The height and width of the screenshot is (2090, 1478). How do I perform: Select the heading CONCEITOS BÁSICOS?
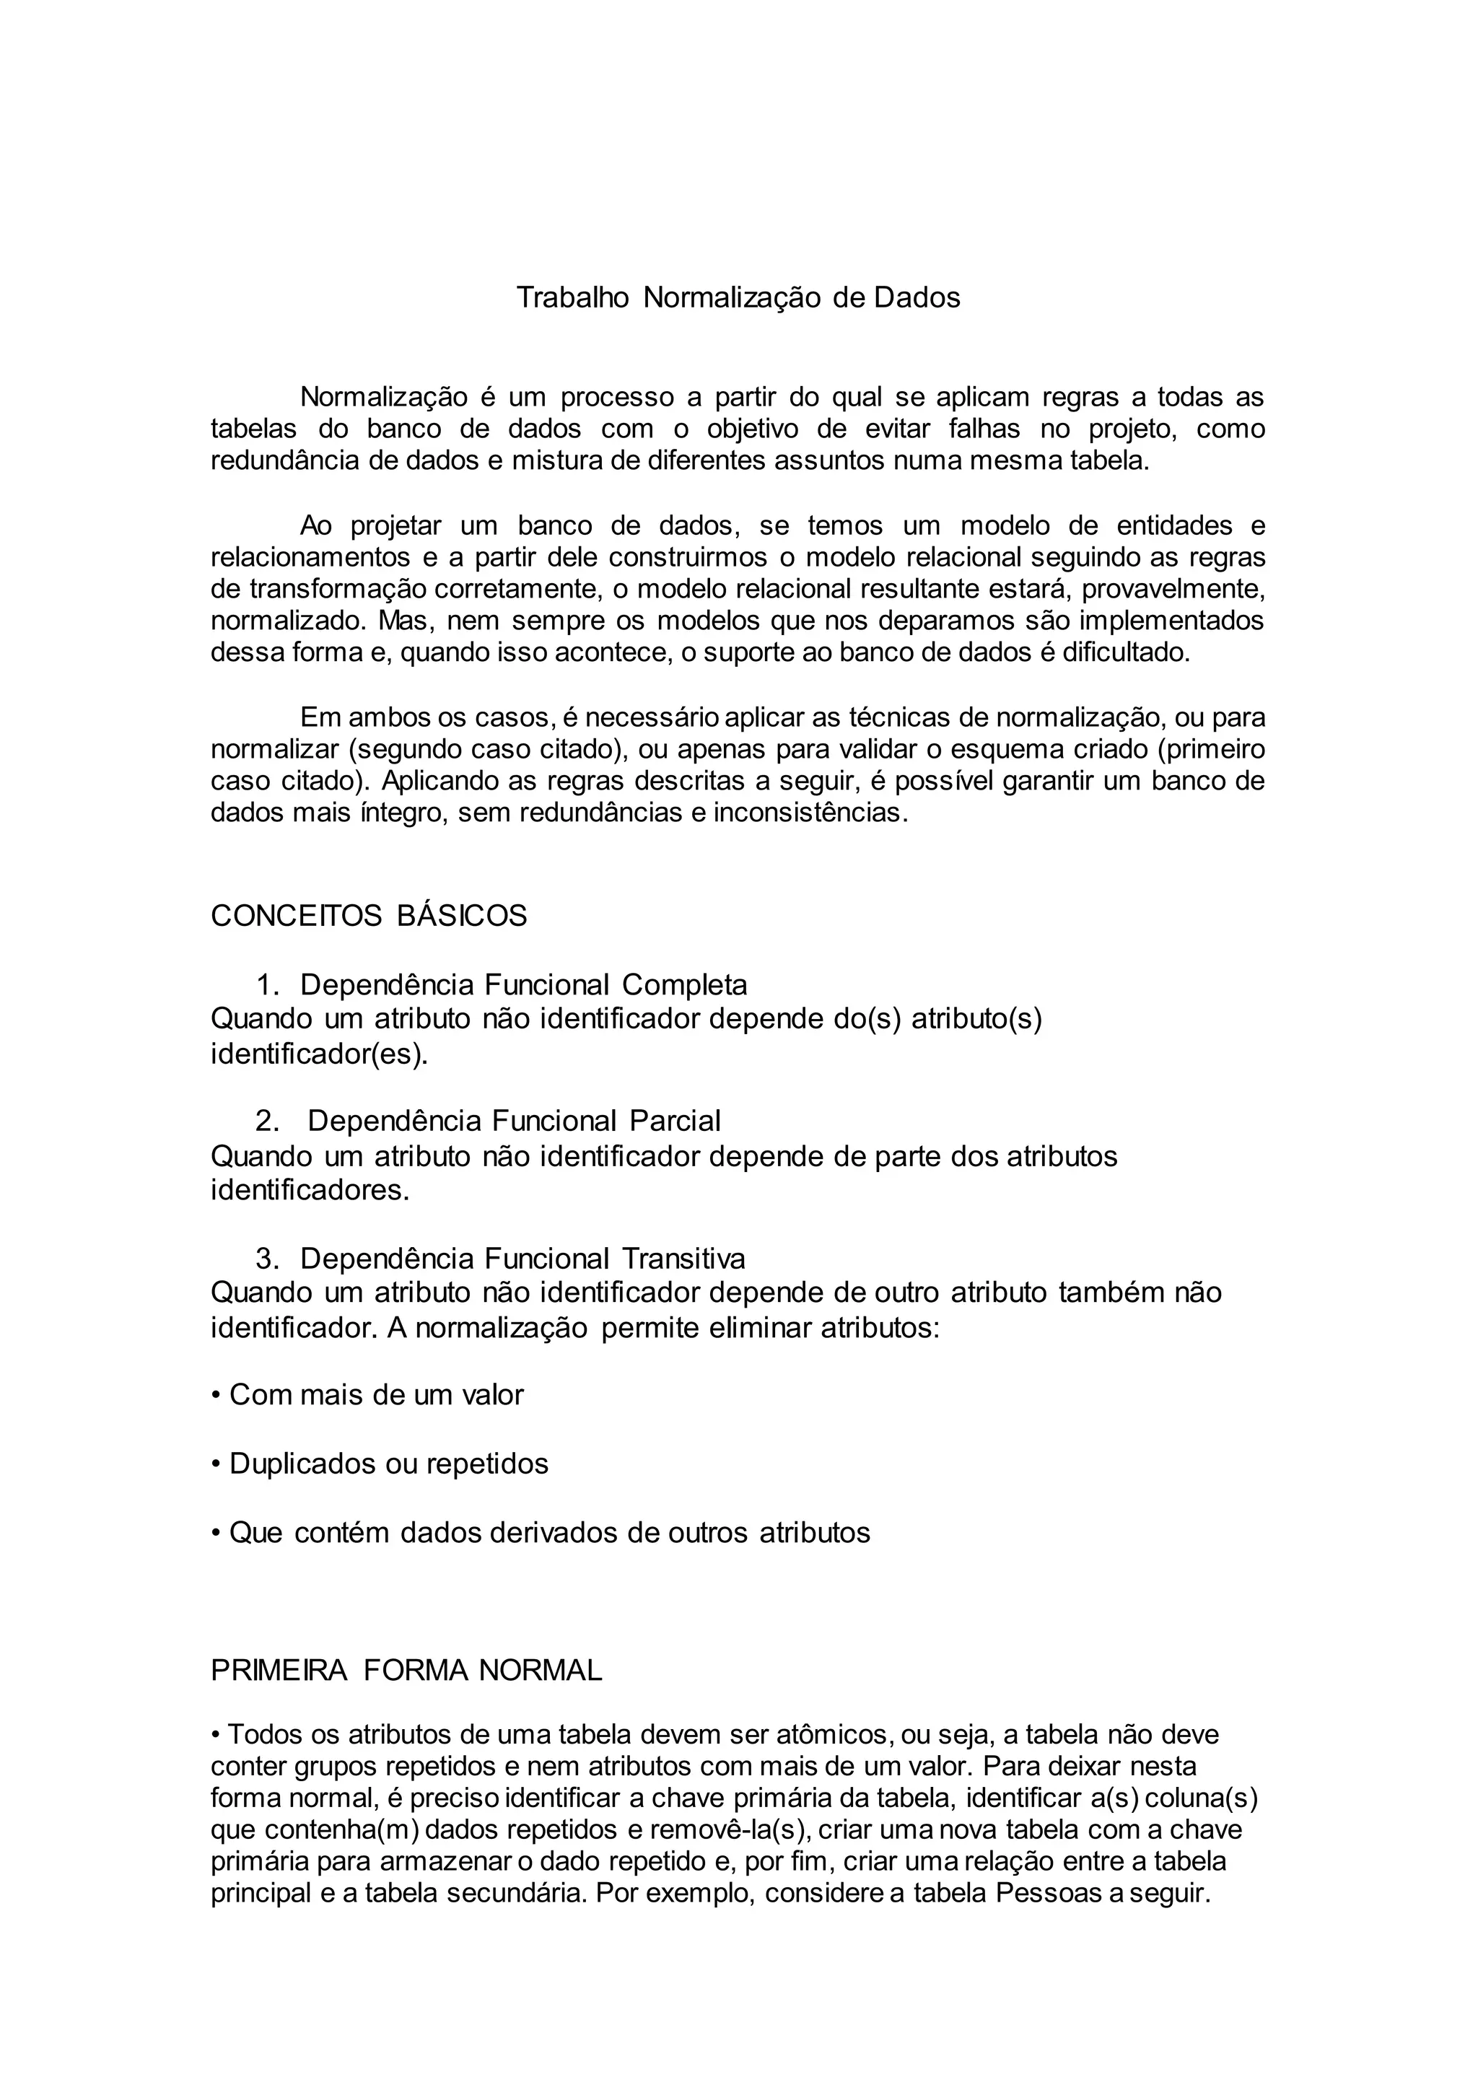coord(369,916)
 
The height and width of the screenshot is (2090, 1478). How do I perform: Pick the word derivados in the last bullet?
coord(555,1533)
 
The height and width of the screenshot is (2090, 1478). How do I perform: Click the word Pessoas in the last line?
coord(1046,1894)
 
